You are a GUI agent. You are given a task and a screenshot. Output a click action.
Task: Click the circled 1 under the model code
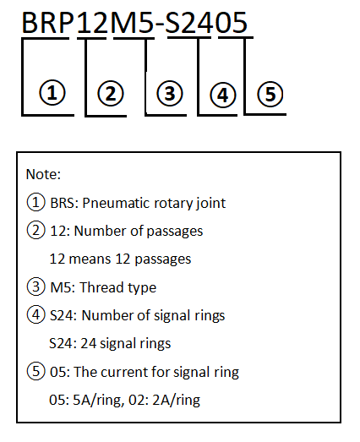52,93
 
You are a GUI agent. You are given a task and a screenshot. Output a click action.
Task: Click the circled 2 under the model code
111,93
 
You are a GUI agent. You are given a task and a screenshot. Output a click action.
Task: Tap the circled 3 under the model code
170,93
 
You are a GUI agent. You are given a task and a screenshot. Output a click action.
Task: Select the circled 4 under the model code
223,95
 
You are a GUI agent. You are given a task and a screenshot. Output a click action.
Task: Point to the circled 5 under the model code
270,94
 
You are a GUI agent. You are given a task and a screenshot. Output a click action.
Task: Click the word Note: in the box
43,174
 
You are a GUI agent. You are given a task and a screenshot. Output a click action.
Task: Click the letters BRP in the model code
47,23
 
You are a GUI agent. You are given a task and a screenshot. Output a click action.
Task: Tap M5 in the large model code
132,23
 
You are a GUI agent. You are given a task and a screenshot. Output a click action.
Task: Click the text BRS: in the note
64,203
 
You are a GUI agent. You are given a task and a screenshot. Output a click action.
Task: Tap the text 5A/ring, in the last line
98,401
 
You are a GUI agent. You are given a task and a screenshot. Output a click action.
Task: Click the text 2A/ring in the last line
176,401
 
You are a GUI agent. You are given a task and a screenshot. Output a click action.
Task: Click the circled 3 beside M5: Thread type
35,286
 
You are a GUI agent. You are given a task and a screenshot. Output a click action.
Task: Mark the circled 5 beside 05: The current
35,371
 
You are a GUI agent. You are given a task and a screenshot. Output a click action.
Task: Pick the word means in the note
90,259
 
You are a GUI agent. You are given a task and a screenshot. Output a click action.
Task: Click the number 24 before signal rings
89,343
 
